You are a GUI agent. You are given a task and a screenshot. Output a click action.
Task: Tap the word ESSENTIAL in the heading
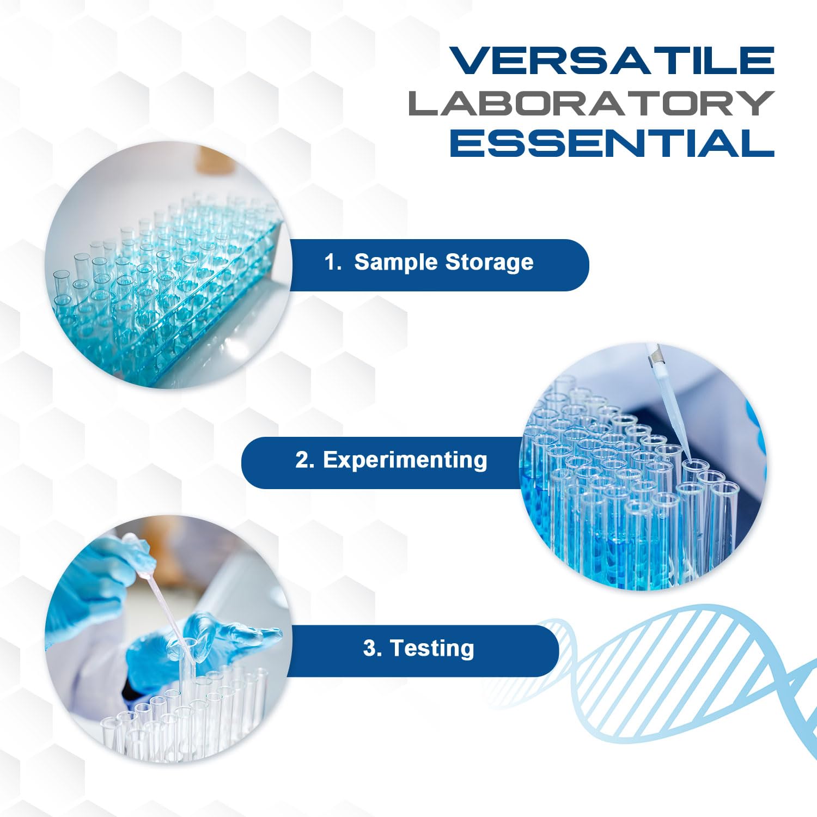[611, 144]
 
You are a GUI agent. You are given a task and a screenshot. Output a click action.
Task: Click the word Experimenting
[405, 460]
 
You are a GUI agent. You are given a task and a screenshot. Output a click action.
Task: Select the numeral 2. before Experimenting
[304, 460]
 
